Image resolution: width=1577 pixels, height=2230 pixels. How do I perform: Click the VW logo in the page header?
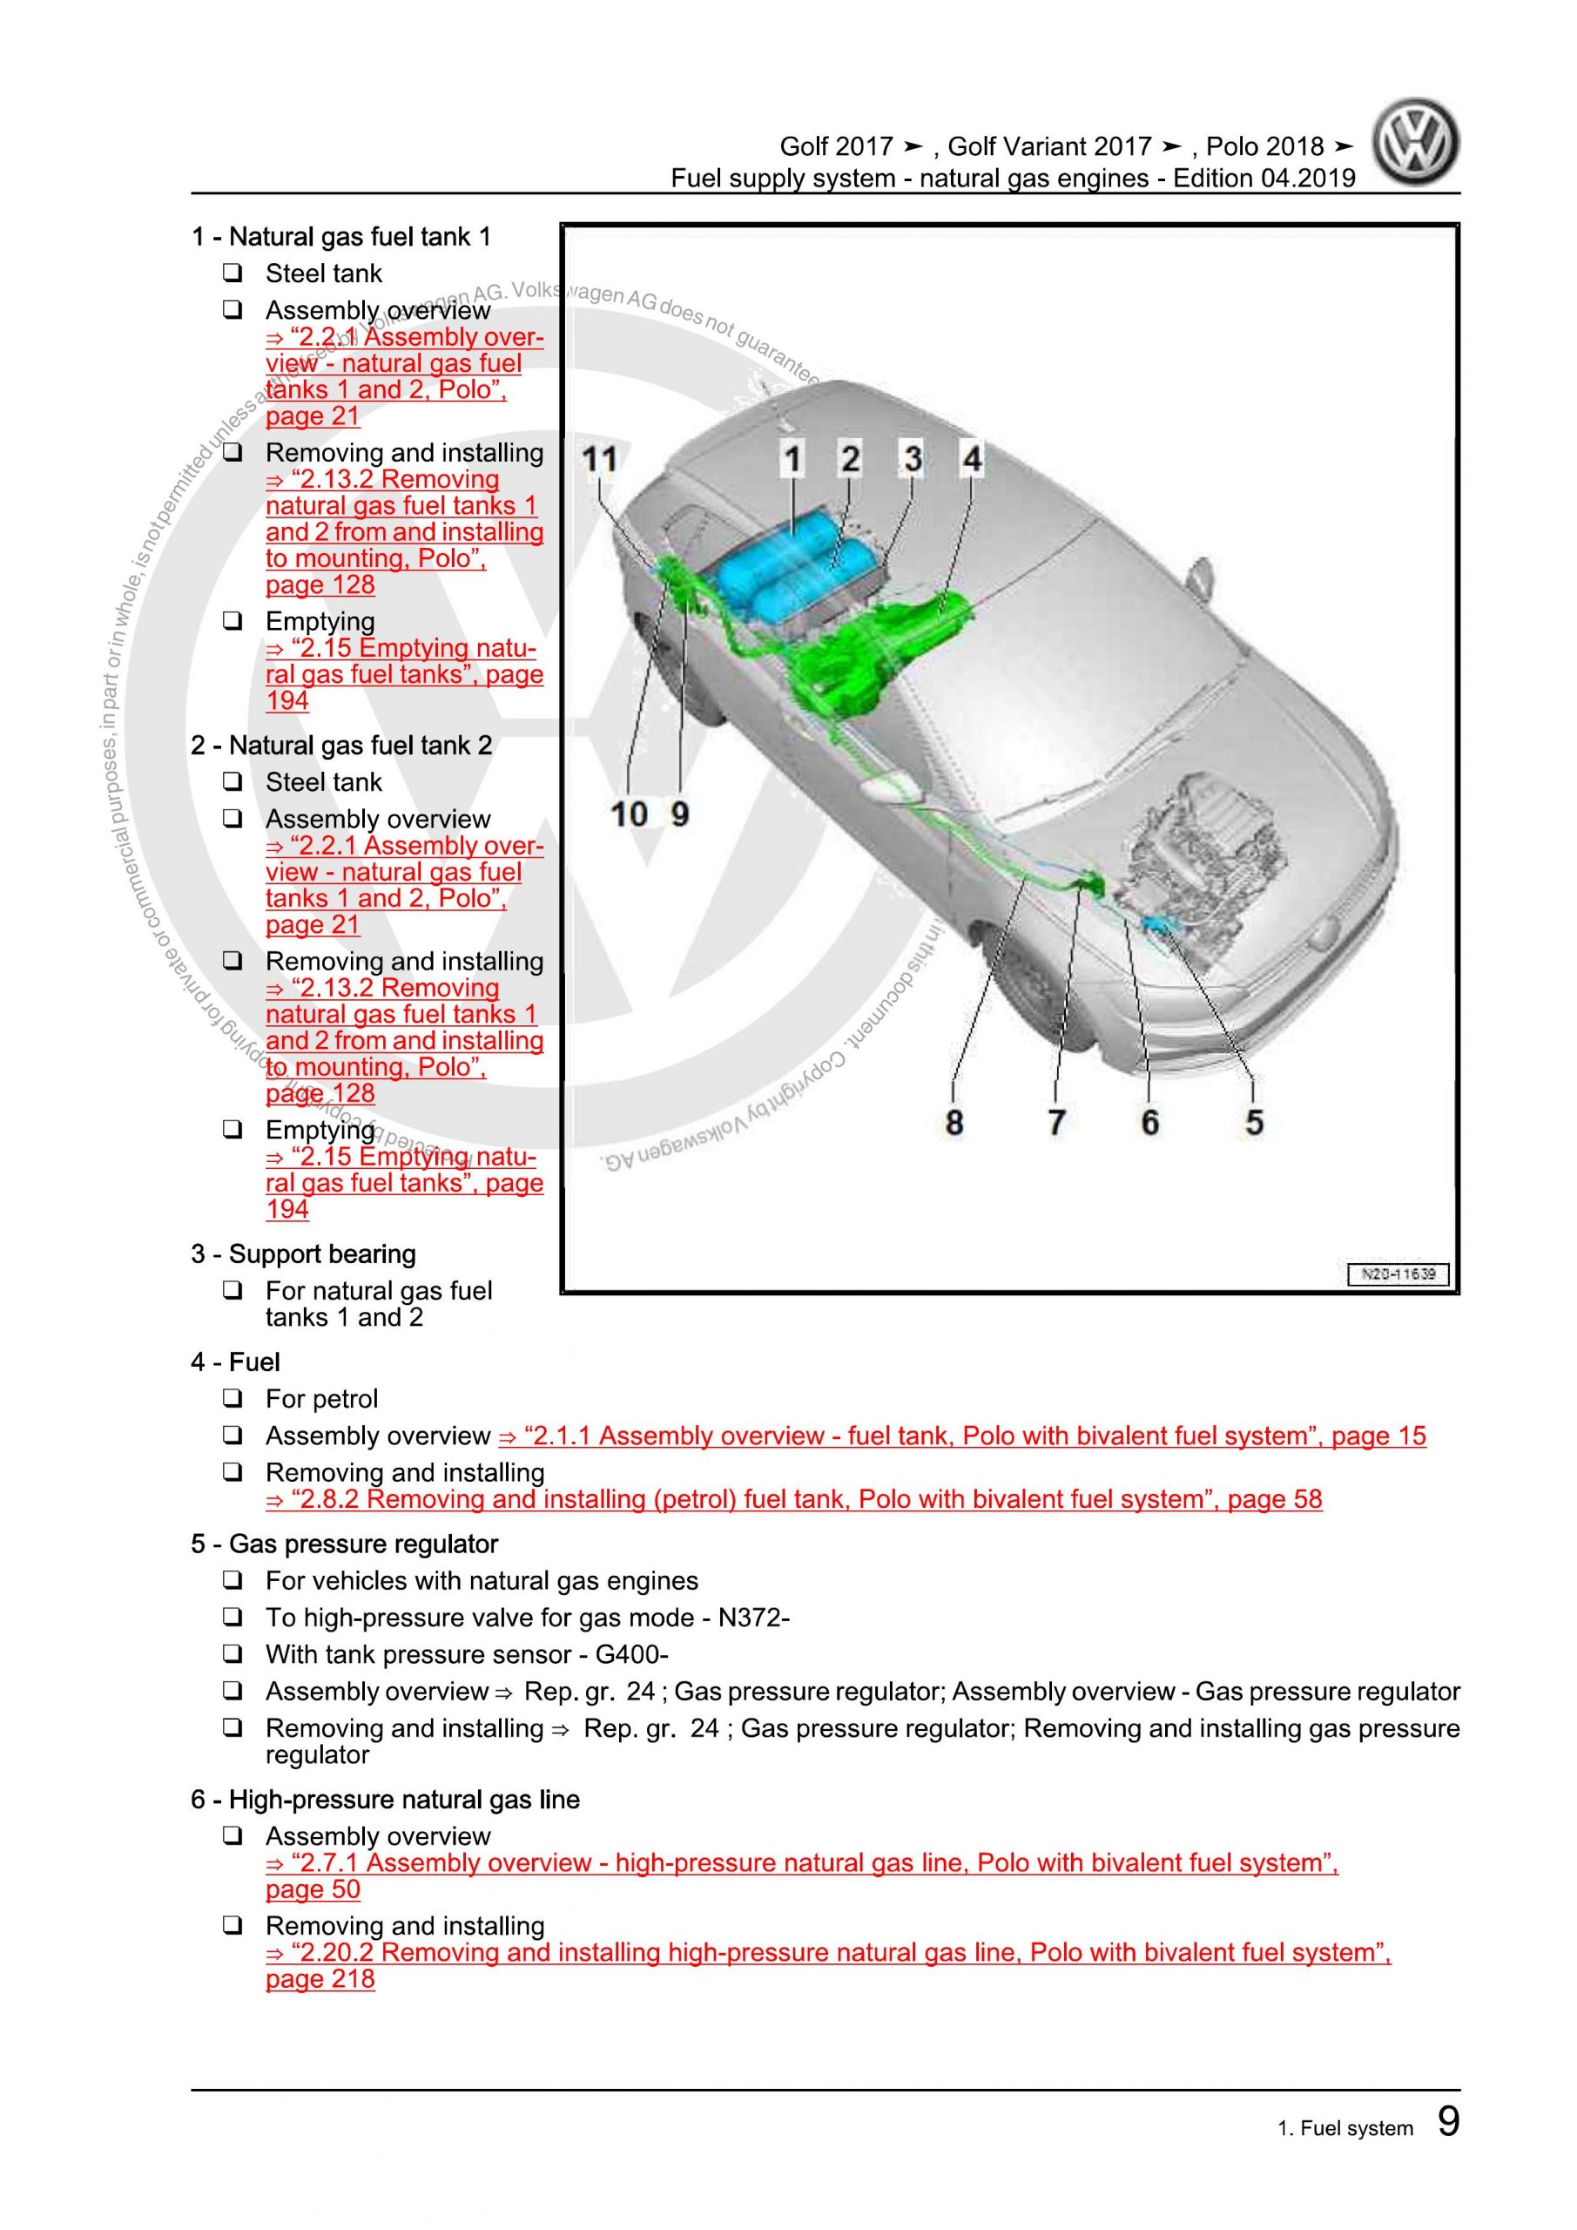[x=1416, y=142]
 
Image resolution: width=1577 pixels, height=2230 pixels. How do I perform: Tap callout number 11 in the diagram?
[x=599, y=458]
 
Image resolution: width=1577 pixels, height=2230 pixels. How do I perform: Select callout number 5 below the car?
[x=1254, y=1123]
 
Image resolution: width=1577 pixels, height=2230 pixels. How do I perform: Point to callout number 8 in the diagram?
[x=954, y=1123]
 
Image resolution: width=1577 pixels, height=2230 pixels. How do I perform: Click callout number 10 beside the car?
[x=630, y=814]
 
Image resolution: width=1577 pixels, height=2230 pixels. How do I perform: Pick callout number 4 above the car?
[x=971, y=458]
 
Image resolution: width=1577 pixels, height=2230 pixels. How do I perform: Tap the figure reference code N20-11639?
[x=1398, y=1274]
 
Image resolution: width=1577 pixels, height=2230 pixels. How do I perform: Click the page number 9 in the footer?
[x=1447, y=2121]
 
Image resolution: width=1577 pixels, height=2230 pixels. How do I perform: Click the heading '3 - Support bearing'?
[x=303, y=1254]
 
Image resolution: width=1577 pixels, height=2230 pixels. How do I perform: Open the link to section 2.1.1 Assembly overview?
[x=961, y=1436]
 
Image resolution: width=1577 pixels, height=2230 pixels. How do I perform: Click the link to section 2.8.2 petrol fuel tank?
[x=793, y=1498]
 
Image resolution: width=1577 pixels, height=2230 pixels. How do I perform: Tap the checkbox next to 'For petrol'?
[x=233, y=1399]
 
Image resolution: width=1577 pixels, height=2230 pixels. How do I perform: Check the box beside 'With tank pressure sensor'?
[x=233, y=1654]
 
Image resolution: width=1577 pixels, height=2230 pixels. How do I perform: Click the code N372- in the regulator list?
[x=753, y=1617]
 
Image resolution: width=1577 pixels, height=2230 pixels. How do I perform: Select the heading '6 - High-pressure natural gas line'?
[x=385, y=1799]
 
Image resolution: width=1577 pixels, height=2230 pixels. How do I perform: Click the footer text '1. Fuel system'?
[x=1344, y=2128]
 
